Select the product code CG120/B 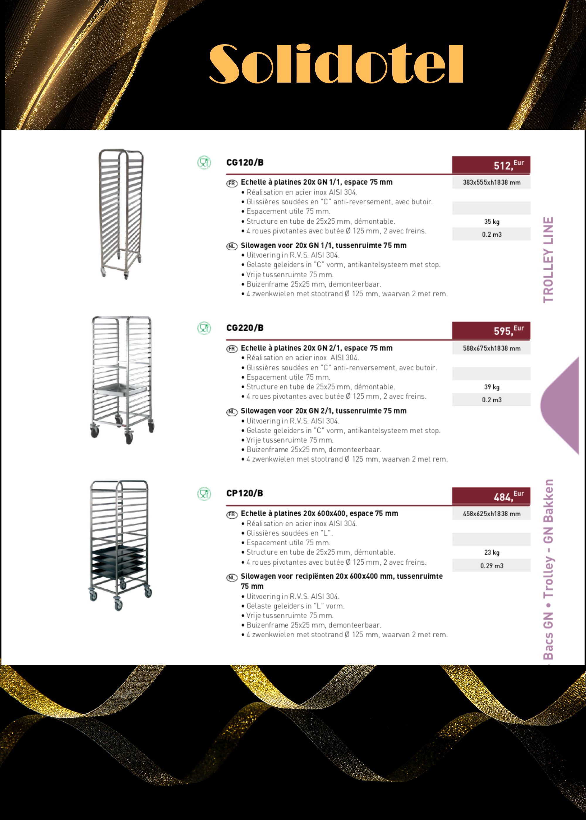pos(245,163)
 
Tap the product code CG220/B pos(245,328)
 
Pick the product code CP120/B pos(245,493)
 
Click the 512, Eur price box pos(491,165)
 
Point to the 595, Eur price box pos(491,330)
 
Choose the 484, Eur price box pos(491,496)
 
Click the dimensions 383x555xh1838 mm pos(491,182)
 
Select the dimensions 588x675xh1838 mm pos(491,348)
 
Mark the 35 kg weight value pos(491,222)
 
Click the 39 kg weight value pos(491,387)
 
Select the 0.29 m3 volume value pos(491,566)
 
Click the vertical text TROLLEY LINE pos(548,260)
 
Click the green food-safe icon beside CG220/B pos(204,328)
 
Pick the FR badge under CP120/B pos(232,515)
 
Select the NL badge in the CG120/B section pos(232,246)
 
